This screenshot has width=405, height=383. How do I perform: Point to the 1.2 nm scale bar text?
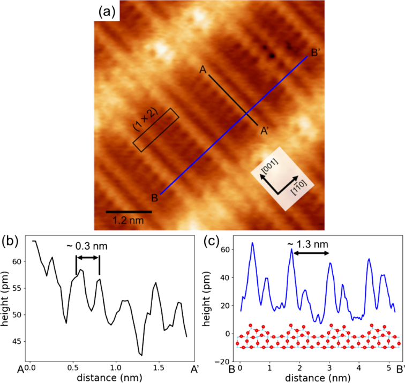tap(127, 220)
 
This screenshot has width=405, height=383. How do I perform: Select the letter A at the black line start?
tap(202, 70)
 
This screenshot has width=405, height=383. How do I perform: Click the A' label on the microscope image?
tap(265, 130)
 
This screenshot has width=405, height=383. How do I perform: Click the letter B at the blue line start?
tap(154, 199)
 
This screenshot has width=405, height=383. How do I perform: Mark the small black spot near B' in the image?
tap(272, 55)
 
